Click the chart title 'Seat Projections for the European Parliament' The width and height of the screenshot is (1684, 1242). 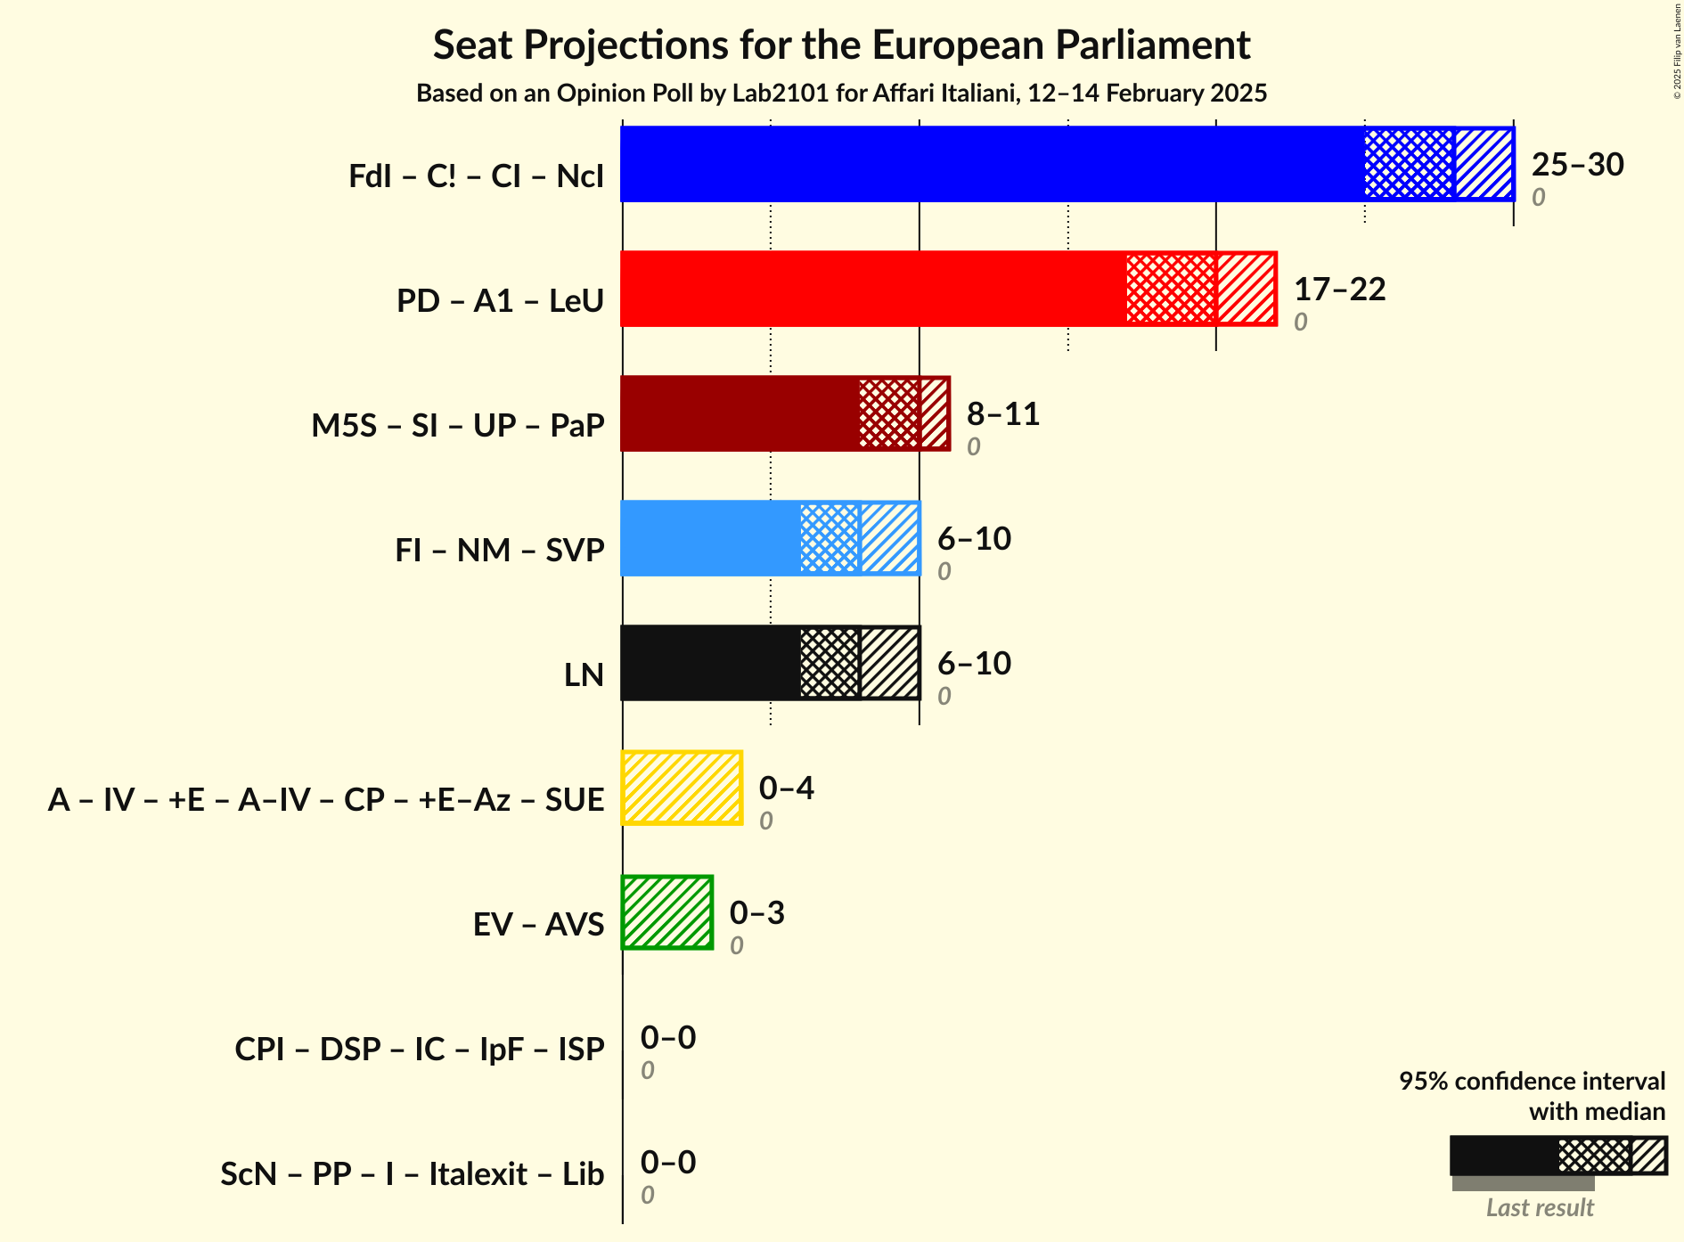841,45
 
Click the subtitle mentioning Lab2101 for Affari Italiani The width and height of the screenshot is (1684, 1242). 841,94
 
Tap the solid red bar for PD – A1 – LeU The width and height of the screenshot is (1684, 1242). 873,289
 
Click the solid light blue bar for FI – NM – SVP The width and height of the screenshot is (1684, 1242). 710,538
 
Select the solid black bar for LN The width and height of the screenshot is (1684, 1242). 710,663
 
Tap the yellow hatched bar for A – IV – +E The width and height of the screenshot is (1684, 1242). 682,788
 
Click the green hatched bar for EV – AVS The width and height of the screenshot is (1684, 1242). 667,912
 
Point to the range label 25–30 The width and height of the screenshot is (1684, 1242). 1577,165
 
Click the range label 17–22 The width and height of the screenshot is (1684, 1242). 1339,290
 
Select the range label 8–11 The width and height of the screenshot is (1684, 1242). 1003,414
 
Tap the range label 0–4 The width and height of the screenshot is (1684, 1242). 786,789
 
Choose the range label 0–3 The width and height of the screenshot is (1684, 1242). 756,913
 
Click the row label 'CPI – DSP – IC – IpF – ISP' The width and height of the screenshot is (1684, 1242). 420,1049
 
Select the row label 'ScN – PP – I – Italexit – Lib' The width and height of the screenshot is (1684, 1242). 412,1173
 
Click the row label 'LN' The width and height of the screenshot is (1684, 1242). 584,674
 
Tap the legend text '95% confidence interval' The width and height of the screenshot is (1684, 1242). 1531,1081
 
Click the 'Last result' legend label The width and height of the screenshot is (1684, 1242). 1539,1207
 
